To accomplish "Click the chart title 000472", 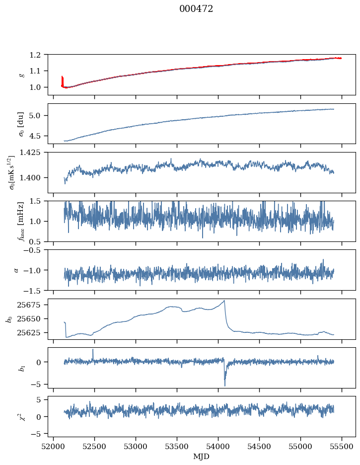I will coord(196,9).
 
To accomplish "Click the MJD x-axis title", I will coord(202,457).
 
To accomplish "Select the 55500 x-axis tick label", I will coord(342,446).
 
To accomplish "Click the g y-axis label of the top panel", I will coord(21,74).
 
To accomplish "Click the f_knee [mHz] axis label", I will coord(21,221).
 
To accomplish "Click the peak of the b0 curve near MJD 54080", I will coord(224,301).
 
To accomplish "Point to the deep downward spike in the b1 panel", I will coord(225,385).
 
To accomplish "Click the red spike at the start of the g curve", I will coord(62,79).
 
